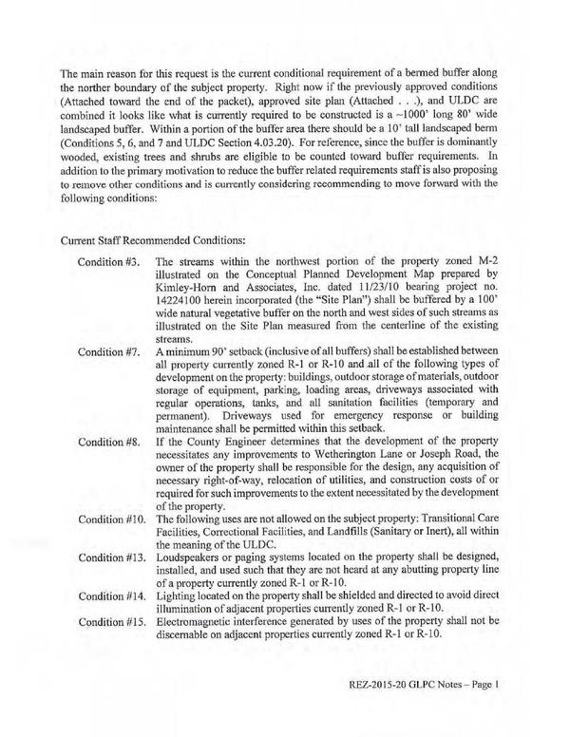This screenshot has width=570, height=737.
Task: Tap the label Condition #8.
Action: pos(107,442)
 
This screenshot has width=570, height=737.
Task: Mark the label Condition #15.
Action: pos(109,619)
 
